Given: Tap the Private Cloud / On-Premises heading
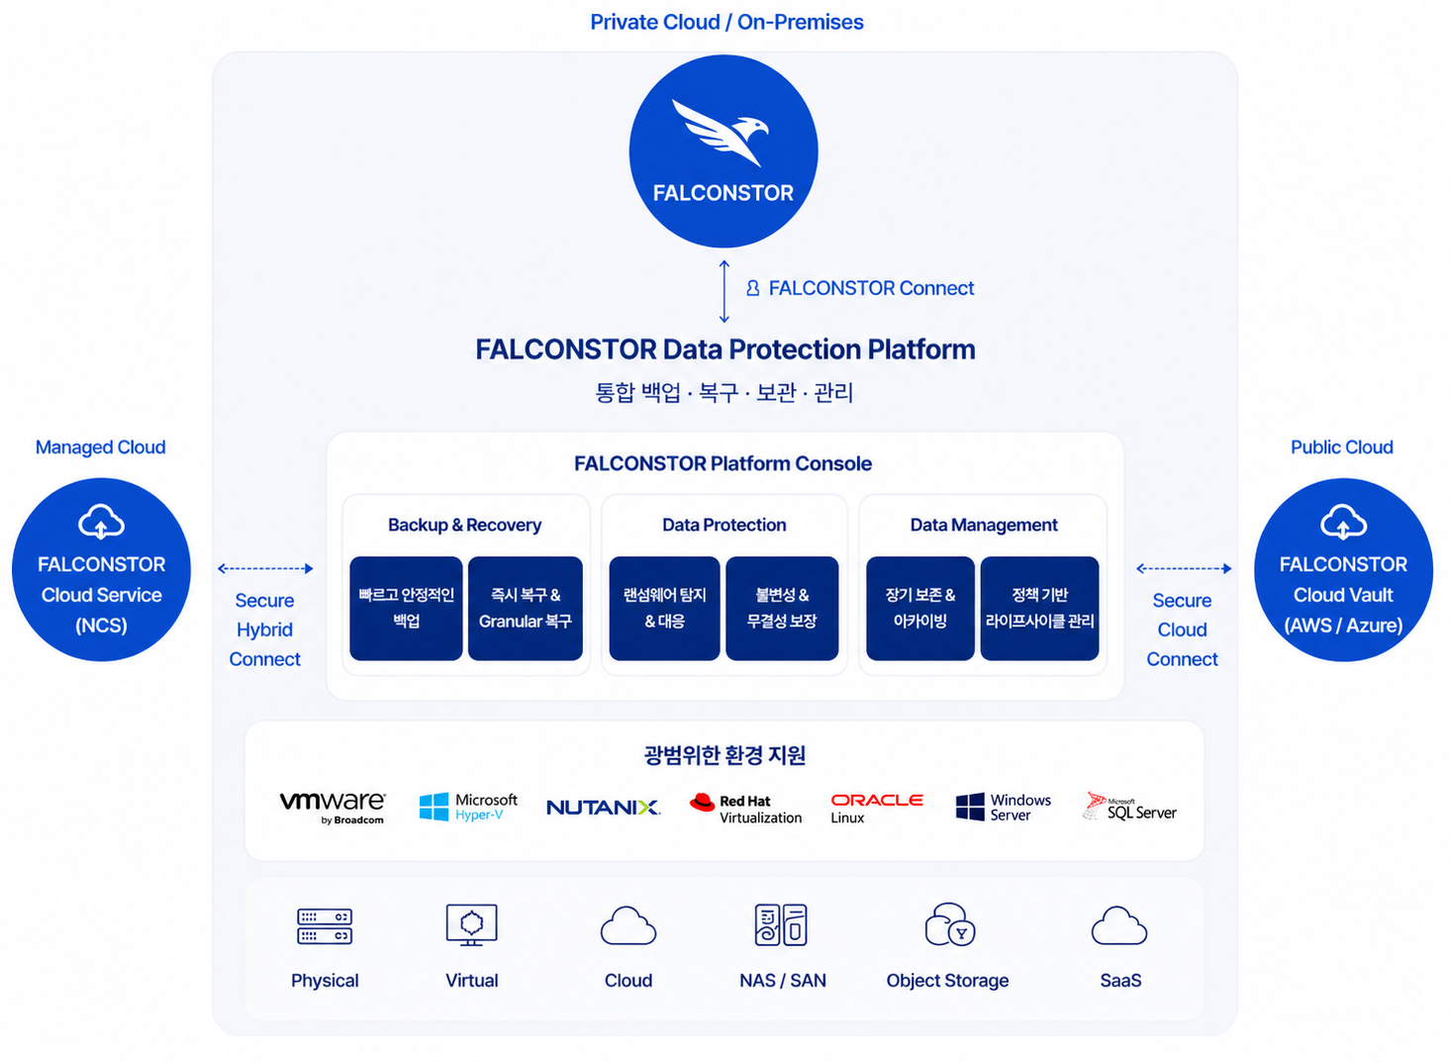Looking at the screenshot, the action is tap(726, 22).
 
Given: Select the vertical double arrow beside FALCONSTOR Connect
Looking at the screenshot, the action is tap(725, 291).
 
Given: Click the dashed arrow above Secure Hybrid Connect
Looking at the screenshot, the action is tap(265, 568).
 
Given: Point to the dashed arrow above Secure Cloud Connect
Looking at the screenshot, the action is tap(1184, 568).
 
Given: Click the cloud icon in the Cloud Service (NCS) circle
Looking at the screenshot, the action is tap(101, 522).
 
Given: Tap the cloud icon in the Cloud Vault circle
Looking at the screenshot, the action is tap(1343, 522).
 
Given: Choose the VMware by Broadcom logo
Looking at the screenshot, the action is tap(333, 807).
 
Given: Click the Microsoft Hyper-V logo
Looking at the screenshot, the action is tap(468, 807).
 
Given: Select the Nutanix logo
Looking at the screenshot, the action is tap(603, 807).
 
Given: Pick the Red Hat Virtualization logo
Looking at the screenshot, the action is tap(745, 809).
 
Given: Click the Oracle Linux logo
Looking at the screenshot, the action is tap(877, 809).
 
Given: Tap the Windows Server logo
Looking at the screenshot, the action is tap(1004, 807).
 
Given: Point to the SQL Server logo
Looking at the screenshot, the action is tap(1129, 807).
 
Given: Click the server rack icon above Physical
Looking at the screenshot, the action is tap(325, 926).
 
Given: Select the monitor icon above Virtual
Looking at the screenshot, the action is tap(471, 924).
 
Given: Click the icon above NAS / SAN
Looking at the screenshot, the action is tap(781, 924).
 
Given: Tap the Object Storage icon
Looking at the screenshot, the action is tap(949, 924).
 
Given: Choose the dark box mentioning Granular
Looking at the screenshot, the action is tap(526, 608).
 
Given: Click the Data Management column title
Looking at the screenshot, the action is tap(983, 525).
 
